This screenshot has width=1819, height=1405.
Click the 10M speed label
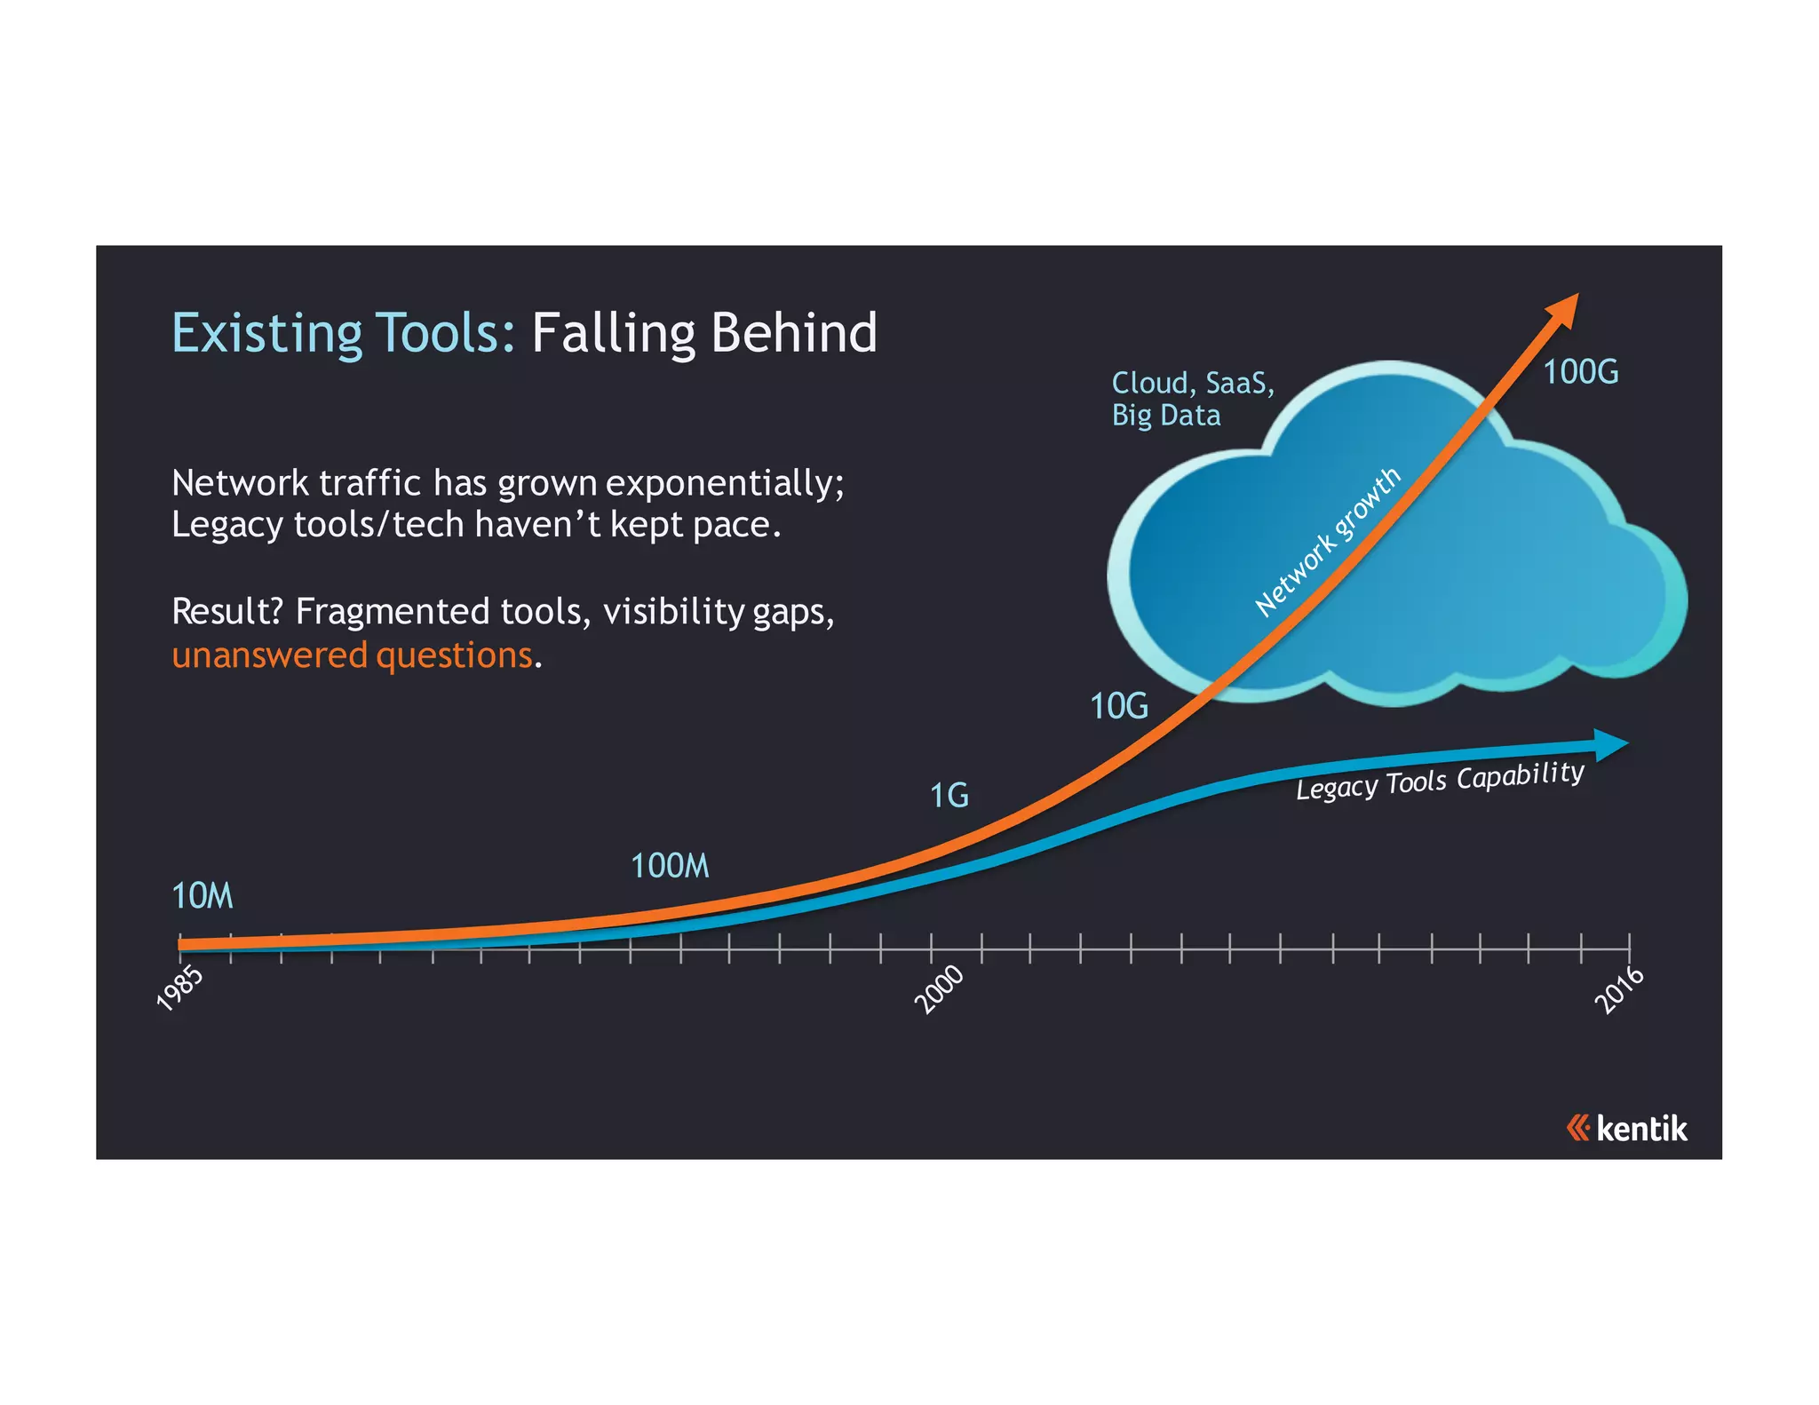[203, 896]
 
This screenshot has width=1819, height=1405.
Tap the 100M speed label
[670, 866]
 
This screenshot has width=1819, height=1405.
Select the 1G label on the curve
[949, 795]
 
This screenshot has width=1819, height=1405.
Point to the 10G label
[1119, 706]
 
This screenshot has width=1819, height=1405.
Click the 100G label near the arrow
[1580, 371]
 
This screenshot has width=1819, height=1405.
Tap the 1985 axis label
[180, 988]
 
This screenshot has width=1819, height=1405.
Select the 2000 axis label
[940, 988]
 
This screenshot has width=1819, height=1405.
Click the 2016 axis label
[1619, 989]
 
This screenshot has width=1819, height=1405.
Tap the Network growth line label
[1327, 542]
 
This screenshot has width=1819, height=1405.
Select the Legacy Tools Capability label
[1439, 780]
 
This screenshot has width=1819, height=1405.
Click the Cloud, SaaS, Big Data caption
[1192, 399]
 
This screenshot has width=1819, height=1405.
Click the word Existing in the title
[266, 334]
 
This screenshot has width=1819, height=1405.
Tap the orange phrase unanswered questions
[352, 655]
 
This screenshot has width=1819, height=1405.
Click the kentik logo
[1626, 1129]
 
